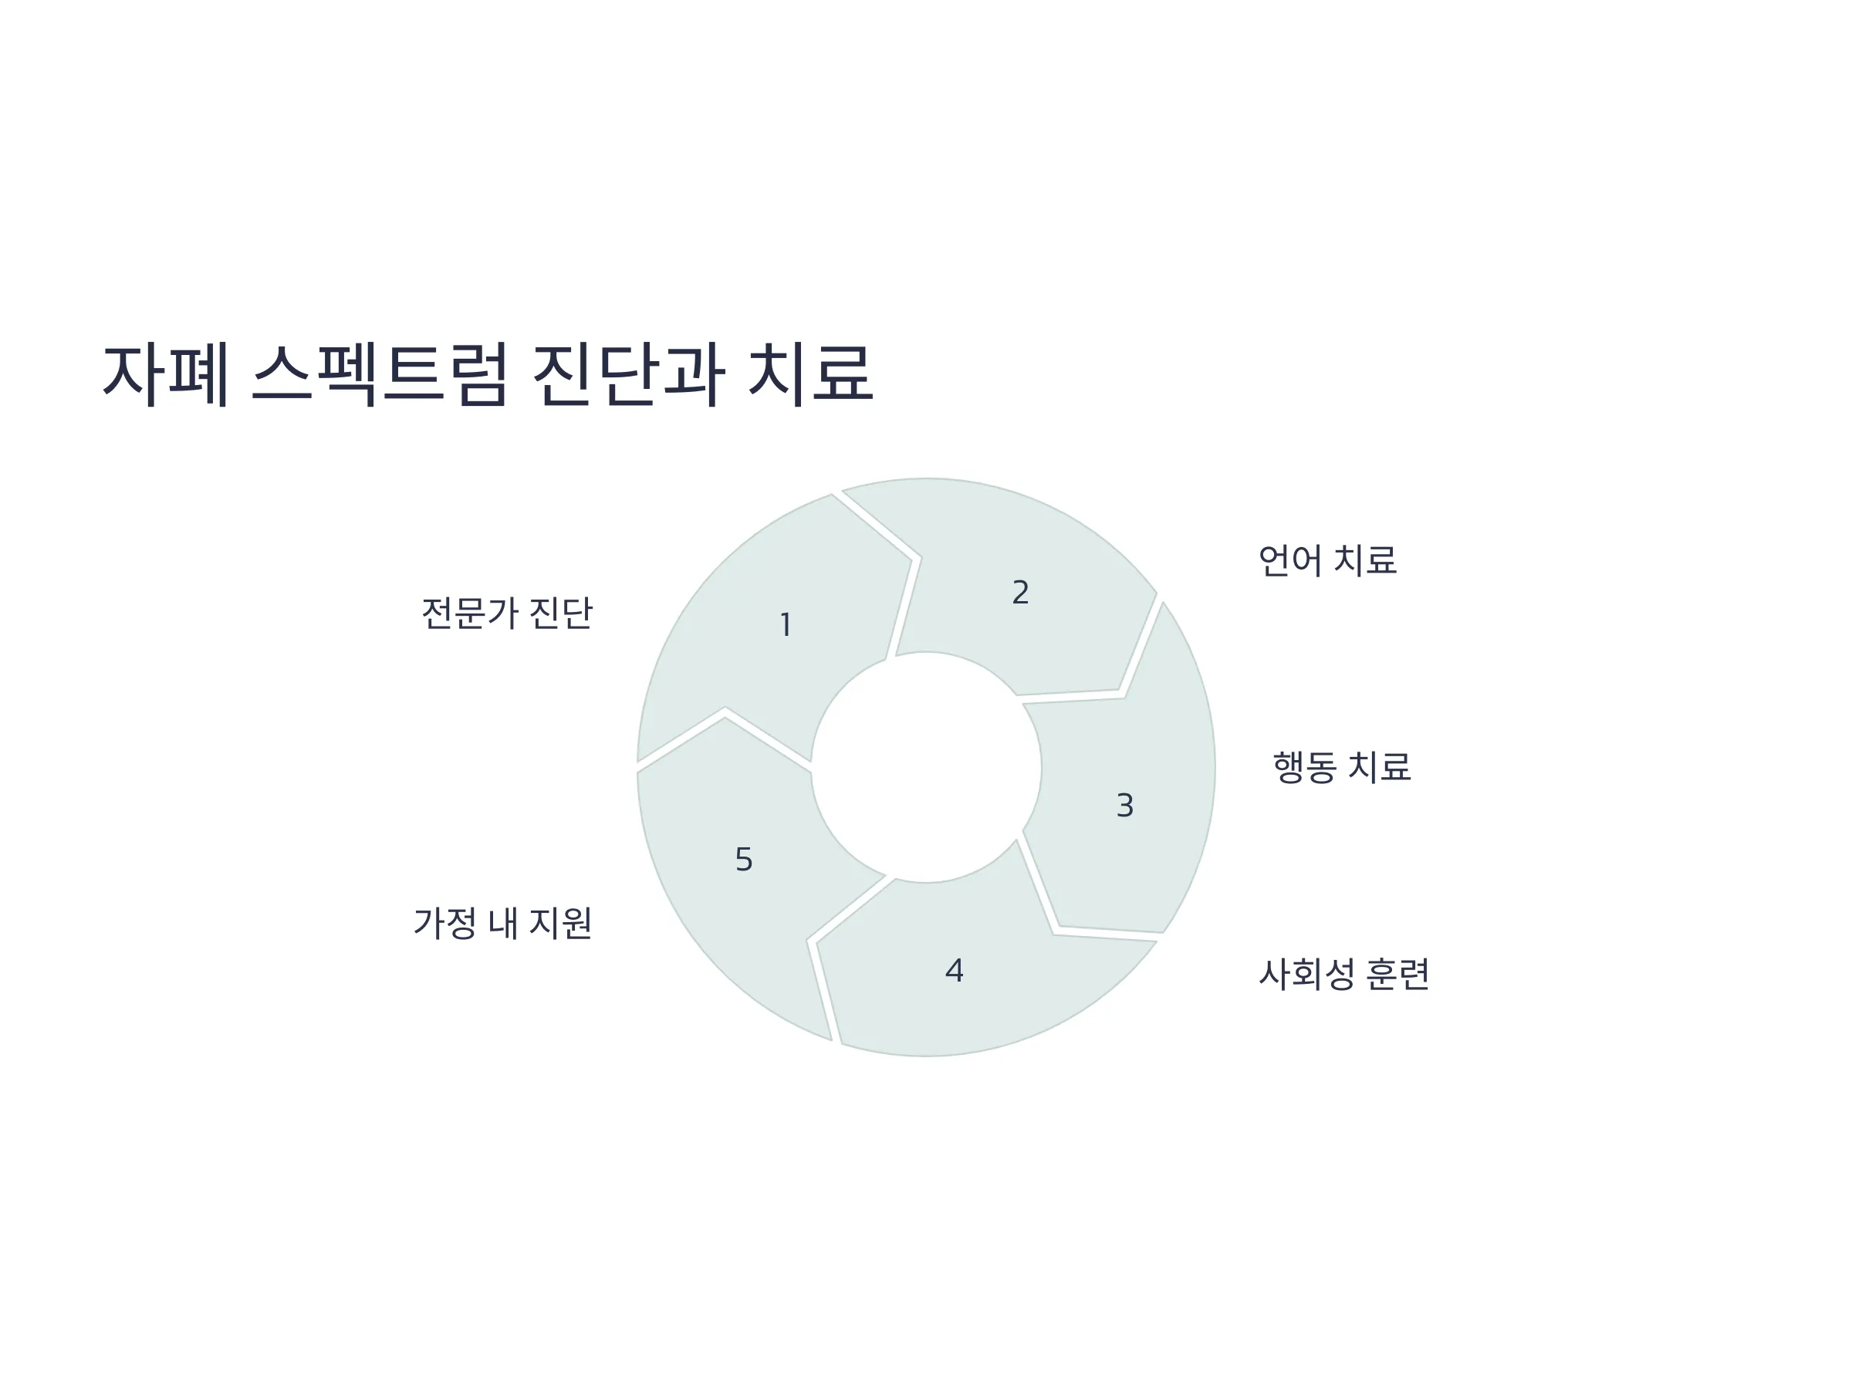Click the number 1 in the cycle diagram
786,625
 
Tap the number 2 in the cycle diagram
1020,593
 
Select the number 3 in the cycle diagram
1125,806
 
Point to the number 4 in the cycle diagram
955,972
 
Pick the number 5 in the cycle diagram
743,860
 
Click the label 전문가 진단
506,613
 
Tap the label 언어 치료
1328,560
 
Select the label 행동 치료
1342,767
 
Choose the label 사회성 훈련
1343,974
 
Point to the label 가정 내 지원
502,924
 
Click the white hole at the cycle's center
926,767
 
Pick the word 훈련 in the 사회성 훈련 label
1397,974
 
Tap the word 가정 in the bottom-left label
445,924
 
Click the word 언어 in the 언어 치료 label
1291,560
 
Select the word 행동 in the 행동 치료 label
1306,767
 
